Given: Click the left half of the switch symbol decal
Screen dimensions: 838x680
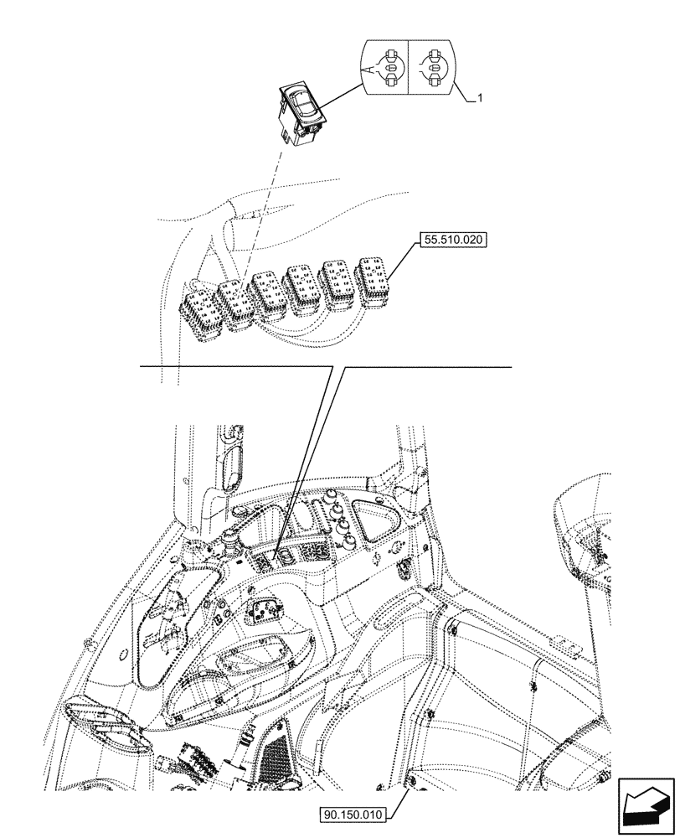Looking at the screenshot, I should (x=384, y=66).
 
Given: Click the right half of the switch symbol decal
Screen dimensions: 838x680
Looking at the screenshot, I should (x=433, y=66).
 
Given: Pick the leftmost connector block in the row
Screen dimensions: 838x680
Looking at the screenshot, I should (x=200, y=314).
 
